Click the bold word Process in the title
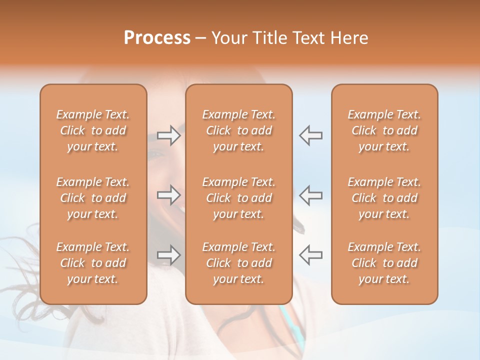[157, 38]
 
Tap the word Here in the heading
[348, 38]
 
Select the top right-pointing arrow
[168, 135]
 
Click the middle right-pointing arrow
[168, 195]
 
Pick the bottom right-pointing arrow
[168, 255]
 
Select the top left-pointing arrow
[310, 135]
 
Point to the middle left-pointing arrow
[310, 195]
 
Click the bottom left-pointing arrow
[310, 255]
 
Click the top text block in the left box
[93, 130]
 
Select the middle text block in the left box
[93, 198]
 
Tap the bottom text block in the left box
[93, 263]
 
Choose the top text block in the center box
[238, 130]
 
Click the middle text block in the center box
[238, 198]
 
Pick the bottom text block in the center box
[238, 263]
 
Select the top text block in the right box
[384, 130]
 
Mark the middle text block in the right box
[384, 198]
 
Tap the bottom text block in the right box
[384, 263]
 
